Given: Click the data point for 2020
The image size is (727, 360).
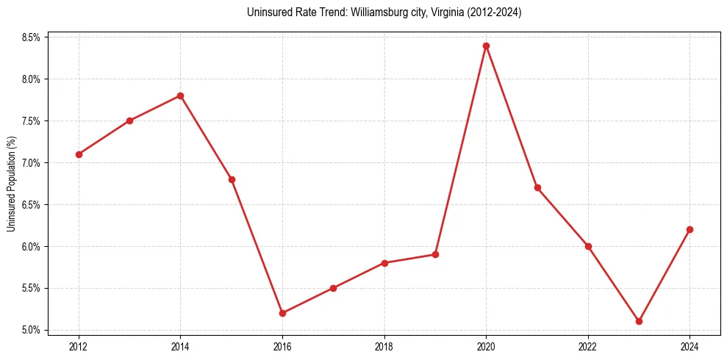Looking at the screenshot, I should [486, 46].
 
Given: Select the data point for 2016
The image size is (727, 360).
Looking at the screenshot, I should [282, 313].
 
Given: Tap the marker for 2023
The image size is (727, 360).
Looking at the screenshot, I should [639, 321].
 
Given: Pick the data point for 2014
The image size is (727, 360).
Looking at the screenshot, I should [180, 96].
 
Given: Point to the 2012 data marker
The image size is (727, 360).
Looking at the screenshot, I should [79, 154].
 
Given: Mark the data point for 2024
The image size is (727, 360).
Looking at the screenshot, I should [690, 229].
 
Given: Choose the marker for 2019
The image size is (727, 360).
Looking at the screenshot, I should [435, 254].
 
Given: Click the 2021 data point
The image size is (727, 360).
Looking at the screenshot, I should [537, 187].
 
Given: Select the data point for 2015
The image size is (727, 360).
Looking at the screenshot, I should [232, 179].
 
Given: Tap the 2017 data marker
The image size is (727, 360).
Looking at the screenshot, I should [333, 288].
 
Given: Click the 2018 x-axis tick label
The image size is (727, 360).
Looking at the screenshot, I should [384, 346].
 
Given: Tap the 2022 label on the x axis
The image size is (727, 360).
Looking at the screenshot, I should [588, 346].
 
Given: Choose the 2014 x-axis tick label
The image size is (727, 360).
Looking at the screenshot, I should [180, 346].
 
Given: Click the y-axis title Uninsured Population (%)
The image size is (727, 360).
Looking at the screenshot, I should [12, 183].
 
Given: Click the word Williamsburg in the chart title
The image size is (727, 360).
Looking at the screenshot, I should [343, 13].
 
